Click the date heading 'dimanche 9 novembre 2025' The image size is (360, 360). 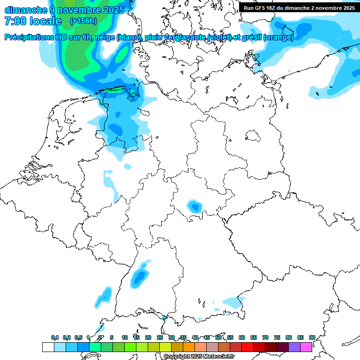[64, 10]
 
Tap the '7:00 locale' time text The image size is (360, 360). [33, 21]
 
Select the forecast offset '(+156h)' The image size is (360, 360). [83, 21]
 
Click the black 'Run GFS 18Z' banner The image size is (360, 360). [299, 7]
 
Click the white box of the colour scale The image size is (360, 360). [48, 347]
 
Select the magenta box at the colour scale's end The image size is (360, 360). [306, 347]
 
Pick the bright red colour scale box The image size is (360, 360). [247, 347]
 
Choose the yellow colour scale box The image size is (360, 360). [165, 347]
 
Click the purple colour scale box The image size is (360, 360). [294, 347]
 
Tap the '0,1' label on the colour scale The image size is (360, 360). [55, 337]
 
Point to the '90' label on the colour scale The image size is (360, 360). [312, 337]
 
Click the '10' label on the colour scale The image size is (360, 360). [125, 337]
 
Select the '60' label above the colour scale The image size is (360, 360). [242, 337]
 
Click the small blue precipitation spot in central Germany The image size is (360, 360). [194, 206]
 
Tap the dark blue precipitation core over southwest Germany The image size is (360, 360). [139, 277]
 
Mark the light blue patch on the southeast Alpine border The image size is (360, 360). [233, 301]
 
